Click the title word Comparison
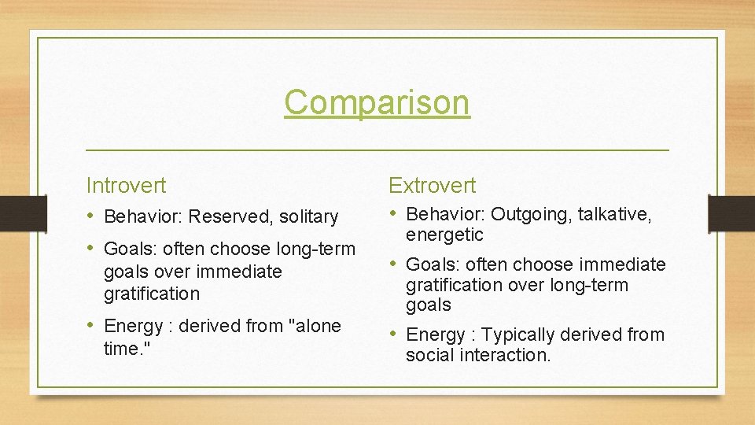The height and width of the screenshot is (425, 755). pyautogui.click(x=377, y=102)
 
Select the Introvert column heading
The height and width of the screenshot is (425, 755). pyautogui.click(x=126, y=186)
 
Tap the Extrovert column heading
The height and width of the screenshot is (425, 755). pyautogui.click(x=432, y=186)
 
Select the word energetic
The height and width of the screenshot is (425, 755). pyautogui.click(x=444, y=235)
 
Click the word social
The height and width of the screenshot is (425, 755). pyautogui.click(x=428, y=355)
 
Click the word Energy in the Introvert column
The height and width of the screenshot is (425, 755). pyautogui.click(x=133, y=326)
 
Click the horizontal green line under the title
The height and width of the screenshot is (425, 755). pyautogui.click(x=377, y=150)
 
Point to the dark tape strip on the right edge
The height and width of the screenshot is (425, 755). pyautogui.click(x=731, y=213)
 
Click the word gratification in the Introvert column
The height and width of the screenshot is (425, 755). pyautogui.click(x=151, y=294)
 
